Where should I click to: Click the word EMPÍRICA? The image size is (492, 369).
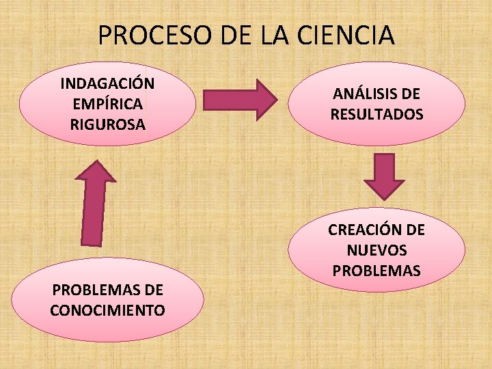pyautogui.click(x=107, y=104)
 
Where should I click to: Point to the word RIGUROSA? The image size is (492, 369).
pyautogui.click(x=107, y=124)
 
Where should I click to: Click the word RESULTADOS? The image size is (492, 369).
pyautogui.click(x=377, y=114)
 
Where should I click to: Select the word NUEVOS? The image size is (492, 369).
pyautogui.click(x=377, y=250)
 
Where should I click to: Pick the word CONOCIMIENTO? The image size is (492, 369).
pyautogui.click(x=107, y=310)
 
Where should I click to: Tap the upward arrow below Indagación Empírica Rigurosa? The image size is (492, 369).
pyautogui.click(x=96, y=203)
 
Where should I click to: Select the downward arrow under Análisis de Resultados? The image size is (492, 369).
pyautogui.click(x=383, y=176)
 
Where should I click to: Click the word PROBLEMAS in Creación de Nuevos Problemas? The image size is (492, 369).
pyautogui.click(x=377, y=271)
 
